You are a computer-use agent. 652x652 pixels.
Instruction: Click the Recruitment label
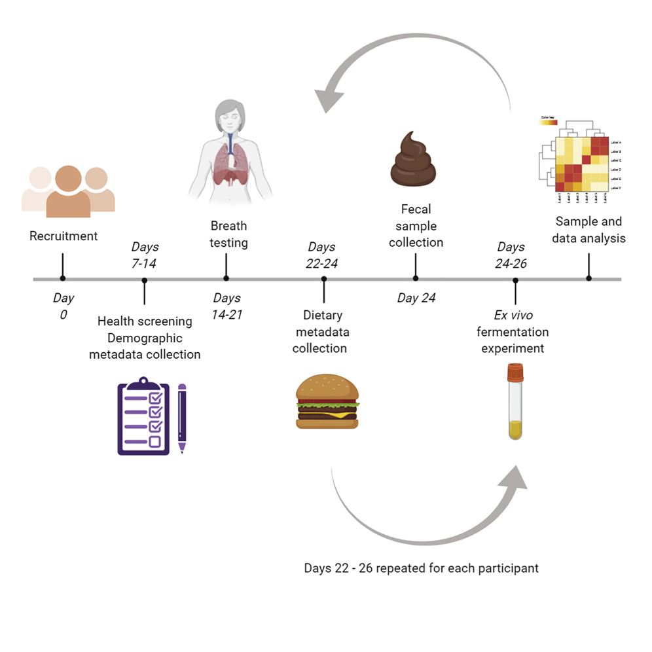(63, 236)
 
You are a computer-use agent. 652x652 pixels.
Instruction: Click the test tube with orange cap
(515, 402)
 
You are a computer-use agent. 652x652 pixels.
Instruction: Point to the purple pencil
(182, 418)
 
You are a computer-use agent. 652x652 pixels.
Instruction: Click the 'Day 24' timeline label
(416, 299)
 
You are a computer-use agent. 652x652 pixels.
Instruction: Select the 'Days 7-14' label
(145, 255)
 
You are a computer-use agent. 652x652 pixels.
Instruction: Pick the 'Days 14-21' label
(227, 306)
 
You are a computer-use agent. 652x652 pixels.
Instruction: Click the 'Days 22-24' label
(321, 255)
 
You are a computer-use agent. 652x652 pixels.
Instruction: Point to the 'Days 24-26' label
(511, 255)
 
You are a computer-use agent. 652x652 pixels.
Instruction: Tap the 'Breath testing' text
(228, 234)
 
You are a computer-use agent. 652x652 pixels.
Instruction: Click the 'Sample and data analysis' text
(589, 230)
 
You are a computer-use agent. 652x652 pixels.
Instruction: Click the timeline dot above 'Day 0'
(63, 279)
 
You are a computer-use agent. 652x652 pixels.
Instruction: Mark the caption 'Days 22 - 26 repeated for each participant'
(421, 568)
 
